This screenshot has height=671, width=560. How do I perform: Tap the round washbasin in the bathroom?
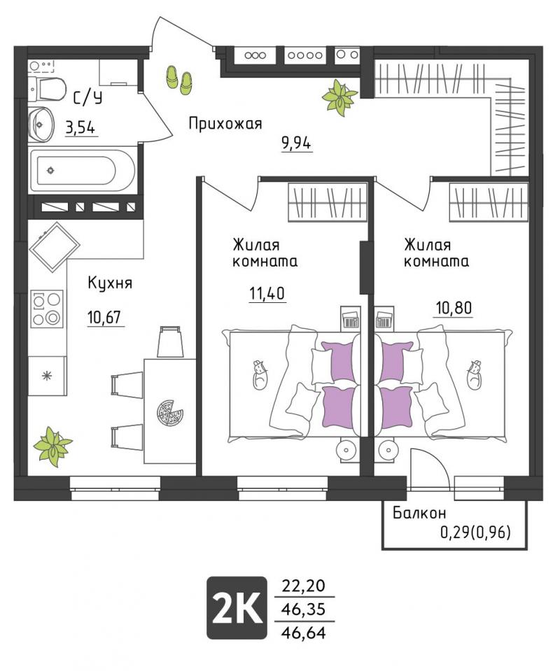click(41, 125)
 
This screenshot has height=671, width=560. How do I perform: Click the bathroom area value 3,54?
click(80, 127)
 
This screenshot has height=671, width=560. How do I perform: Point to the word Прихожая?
click(225, 124)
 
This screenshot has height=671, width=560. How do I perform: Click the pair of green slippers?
click(179, 79)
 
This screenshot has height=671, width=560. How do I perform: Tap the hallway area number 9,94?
click(296, 143)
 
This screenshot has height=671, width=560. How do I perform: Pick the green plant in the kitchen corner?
click(53, 446)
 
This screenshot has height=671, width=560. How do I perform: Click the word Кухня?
click(110, 283)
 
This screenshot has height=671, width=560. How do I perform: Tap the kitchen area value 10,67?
click(104, 318)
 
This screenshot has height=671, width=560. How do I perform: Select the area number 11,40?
click(267, 294)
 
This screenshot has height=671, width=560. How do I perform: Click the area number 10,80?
click(454, 307)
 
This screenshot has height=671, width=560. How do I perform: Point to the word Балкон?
click(419, 512)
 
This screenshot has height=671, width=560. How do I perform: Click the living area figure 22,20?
click(303, 585)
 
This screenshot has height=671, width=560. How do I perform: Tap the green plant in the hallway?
click(340, 97)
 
